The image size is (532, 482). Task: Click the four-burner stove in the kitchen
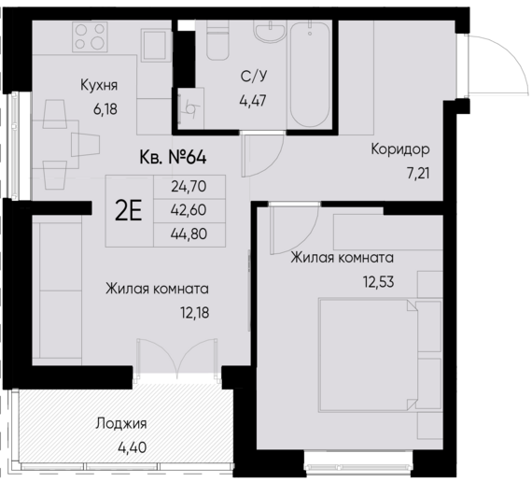(x=92, y=39)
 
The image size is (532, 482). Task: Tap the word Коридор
(x=399, y=150)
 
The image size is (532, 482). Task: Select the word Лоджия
(x=121, y=423)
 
